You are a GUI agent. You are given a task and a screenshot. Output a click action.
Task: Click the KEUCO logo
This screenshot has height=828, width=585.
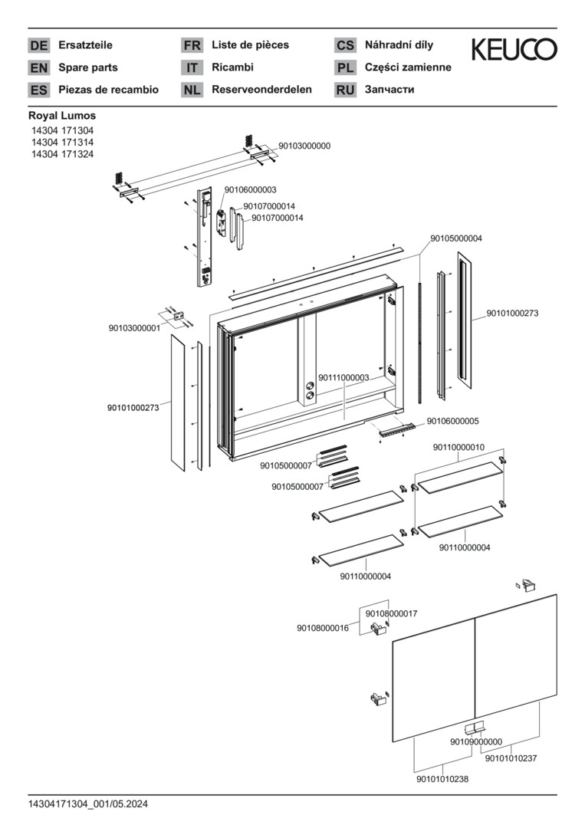pos(514,51)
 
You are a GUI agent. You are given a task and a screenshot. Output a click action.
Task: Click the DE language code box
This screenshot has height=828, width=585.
pos(38,45)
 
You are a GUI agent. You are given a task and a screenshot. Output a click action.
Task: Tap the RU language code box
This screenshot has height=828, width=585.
pos(345,90)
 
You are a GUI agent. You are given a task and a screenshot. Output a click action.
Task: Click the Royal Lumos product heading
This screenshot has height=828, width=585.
pos(62,116)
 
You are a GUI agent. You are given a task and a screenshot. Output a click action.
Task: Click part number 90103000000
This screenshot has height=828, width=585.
pos(304,145)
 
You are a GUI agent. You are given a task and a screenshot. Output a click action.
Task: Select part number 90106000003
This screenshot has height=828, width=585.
pos(251,189)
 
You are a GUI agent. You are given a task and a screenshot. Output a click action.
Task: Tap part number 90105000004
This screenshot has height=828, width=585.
pos(456,238)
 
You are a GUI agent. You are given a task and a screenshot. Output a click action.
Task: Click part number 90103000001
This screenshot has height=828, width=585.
pos(134,328)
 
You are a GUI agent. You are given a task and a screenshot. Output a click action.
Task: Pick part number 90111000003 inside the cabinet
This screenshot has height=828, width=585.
pos(343,377)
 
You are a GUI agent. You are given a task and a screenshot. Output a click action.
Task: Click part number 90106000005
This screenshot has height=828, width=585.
pos(453,421)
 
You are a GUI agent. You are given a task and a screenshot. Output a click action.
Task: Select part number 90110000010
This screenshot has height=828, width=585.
pos(458,447)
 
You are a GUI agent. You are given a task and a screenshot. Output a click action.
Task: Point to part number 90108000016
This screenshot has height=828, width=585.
pos(323,628)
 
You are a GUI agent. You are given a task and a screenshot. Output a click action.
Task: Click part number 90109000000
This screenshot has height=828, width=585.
pos(476,741)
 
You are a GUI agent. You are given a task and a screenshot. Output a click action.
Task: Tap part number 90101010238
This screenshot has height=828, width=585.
pos(442,779)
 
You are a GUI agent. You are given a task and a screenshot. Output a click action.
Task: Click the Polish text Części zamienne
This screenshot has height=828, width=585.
pos(408,67)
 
